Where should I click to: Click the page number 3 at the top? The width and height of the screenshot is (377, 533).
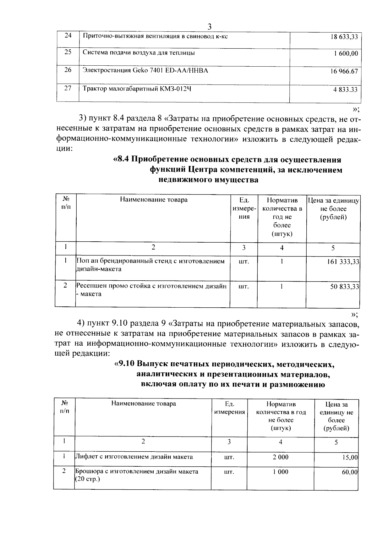tap(210, 27)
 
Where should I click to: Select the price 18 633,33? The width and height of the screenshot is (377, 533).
tap(344, 37)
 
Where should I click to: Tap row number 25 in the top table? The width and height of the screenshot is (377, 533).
tap(68, 52)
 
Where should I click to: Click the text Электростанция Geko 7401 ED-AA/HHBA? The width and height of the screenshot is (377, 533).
tap(145, 70)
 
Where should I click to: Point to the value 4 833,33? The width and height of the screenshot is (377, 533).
tap(345, 90)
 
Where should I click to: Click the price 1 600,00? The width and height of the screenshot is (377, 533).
tap(346, 54)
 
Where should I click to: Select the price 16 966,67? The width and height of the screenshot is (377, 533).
tap(344, 72)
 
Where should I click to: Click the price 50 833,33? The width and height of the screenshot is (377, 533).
tap(344, 287)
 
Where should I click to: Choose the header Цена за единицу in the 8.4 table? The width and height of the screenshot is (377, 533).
tap(333, 201)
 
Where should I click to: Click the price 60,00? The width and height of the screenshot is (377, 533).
tap(350, 472)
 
